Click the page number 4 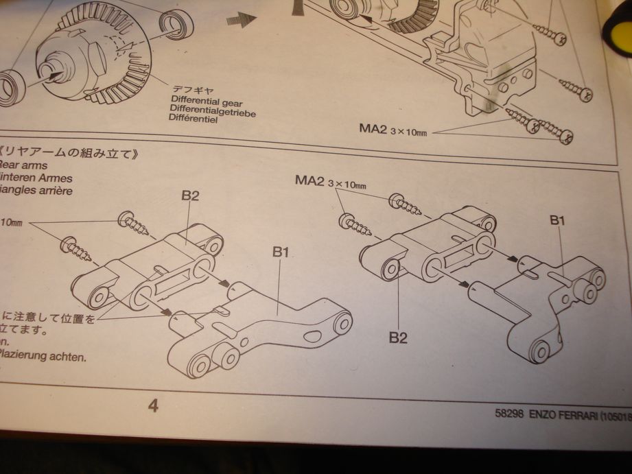tap(153, 405)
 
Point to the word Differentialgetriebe tap(213, 112)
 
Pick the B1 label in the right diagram tap(557, 220)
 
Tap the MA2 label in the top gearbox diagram tap(373, 128)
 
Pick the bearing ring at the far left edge tap(10, 86)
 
